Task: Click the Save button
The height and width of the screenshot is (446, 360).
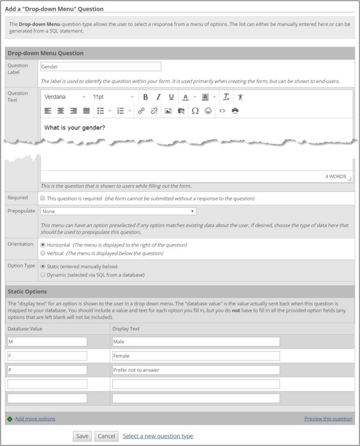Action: [82, 436]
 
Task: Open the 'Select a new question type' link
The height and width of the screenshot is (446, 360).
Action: [158, 436]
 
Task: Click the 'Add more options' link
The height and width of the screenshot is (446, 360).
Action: [35, 419]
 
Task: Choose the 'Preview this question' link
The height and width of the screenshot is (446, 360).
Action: [328, 419]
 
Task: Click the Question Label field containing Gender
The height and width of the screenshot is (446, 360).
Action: [101, 66]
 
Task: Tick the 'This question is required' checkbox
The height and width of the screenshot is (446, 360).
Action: [43, 198]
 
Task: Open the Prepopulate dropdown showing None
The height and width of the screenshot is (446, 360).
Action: [118, 211]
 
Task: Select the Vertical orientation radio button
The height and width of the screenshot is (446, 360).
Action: [43, 253]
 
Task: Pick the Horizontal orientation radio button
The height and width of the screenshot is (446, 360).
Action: [43, 245]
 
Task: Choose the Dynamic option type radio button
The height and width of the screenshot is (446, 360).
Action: [43, 275]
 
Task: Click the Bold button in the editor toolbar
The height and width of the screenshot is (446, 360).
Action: [145, 97]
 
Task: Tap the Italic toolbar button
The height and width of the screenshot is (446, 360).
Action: [158, 97]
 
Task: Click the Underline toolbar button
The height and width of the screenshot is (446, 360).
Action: [171, 97]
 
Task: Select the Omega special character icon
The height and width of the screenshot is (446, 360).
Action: [195, 111]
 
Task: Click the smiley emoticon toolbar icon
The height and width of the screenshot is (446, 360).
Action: [208, 111]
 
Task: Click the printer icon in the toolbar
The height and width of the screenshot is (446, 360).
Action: [235, 111]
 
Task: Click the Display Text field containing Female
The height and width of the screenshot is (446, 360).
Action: [196, 356]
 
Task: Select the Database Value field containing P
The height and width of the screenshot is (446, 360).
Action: [47, 370]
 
